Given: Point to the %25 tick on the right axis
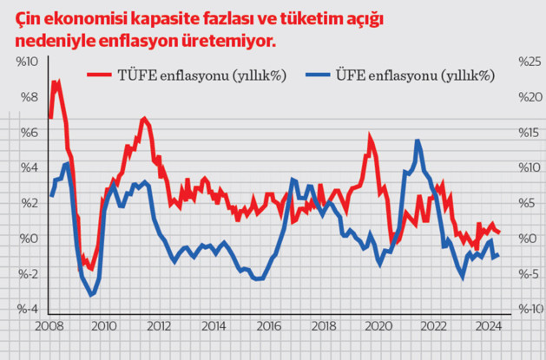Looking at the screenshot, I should tap(530, 62).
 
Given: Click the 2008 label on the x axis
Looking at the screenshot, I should tap(49, 327).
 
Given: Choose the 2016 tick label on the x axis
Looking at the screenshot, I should tap(271, 327).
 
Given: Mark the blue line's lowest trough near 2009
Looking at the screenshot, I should tap(91, 295).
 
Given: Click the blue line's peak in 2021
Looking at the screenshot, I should tap(418, 141).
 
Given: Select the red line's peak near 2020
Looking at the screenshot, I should tap(370, 136).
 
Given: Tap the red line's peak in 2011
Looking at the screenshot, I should tap(143, 118).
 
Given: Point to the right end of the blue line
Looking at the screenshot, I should tap(498, 255).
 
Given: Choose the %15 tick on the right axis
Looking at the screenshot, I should tap(530, 133).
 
